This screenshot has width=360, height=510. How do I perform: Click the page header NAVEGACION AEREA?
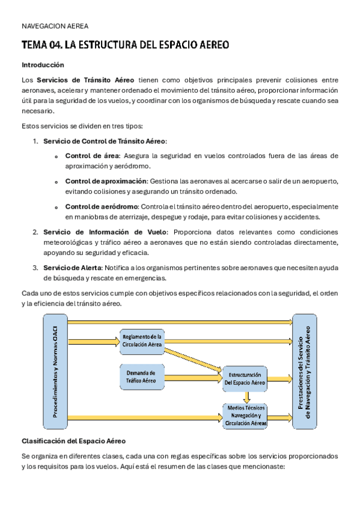click(x=55, y=26)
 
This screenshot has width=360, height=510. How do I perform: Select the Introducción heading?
click(x=43, y=65)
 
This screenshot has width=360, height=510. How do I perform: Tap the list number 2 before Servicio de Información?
click(x=35, y=232)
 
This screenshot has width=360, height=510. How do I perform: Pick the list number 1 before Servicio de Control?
click(x=35, y=141)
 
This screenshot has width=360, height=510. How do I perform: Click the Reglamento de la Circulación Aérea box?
click(x=142, y=340)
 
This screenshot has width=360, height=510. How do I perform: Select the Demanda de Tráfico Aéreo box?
click(x=141, y=377)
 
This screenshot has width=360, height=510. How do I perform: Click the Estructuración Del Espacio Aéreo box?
click(x=245, y=378)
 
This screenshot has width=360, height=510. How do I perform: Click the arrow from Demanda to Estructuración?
click(x=192, y=379)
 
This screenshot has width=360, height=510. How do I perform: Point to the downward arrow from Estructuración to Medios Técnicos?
click(x=246, y=397)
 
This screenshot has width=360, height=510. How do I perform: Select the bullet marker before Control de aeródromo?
click(x=56, y=207)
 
